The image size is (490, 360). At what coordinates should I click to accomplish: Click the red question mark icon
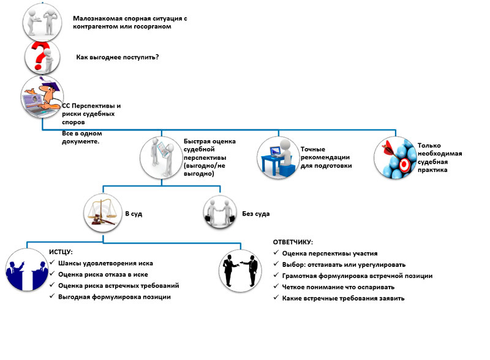(x=42, y=58)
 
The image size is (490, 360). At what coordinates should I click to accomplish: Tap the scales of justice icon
(x=103, y=213)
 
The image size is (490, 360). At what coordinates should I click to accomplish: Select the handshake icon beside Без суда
(x=220, y=213)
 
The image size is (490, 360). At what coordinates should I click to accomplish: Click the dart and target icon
(x=395, y=158)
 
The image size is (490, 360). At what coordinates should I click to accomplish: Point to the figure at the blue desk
(x=278, y=158)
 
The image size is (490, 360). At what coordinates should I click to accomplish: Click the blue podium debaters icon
(x=26, y=270)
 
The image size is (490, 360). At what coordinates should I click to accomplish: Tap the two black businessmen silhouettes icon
(x=240, y=271)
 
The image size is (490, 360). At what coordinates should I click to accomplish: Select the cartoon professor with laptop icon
(x=42, y=97)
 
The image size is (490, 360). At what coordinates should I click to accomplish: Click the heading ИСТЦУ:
(x=61, y=252)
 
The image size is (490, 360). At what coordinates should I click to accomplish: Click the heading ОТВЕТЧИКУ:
(x=293, y=242)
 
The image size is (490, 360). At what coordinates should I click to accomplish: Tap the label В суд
(x=134, y=214)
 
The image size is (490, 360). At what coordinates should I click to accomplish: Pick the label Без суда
(x=256, y=214)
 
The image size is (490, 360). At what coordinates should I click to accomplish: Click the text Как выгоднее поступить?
(x=118, y=57)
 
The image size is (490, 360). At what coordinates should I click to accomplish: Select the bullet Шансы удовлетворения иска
(x=105, y=263)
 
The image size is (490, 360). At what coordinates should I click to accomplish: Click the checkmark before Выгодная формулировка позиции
(x=52, y=296)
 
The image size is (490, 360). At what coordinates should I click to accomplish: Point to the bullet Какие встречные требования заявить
(x=343, y=298)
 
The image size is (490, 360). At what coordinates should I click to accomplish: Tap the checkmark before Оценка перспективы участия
(x=276, y=252)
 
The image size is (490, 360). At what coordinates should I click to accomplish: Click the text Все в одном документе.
(x=82, y=138)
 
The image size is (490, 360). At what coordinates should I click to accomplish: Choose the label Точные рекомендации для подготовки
(x=326, y=157)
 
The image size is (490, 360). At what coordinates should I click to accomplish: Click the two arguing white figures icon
(x=42, y=22)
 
